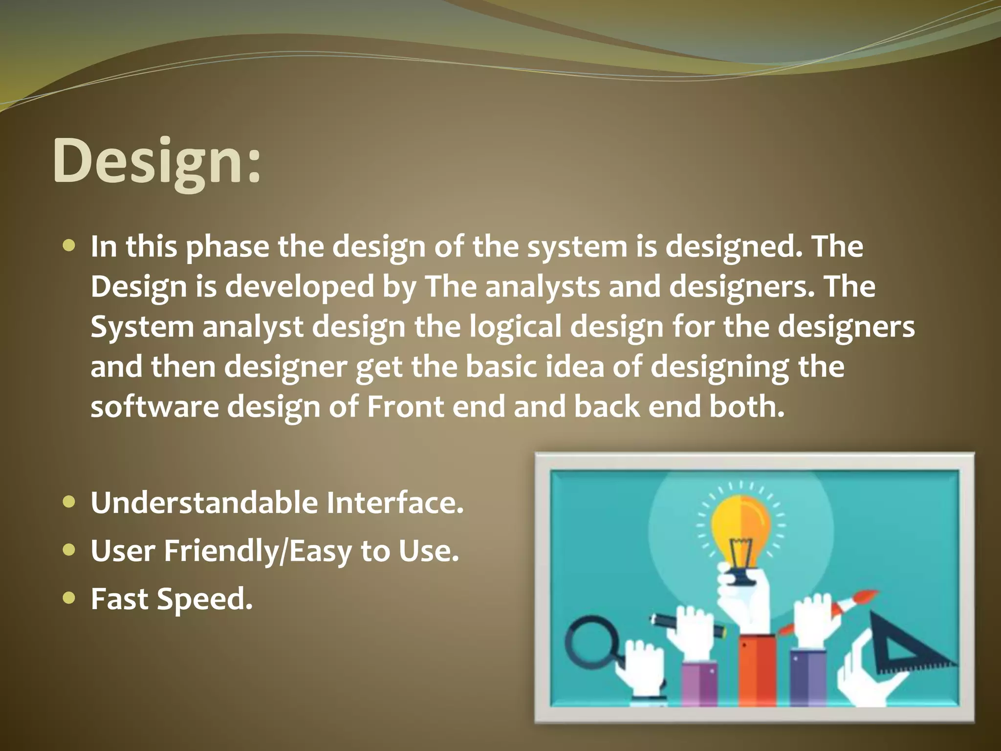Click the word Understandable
click(204, 503)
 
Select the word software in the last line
click(154, 407)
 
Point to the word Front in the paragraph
click(405, 407)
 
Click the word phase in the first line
click(227, 247)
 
